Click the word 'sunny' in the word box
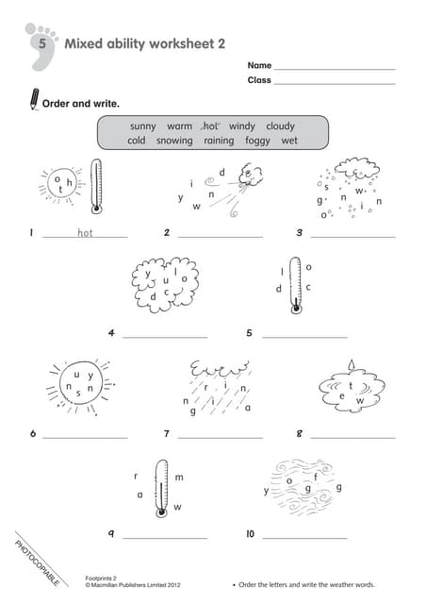coord(143,126)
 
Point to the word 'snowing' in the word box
coord(174,141)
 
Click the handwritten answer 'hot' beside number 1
coord(85,232)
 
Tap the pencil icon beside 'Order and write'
coord(34,98)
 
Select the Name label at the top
coord(259,65)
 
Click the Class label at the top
coord(259,80)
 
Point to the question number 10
coord(250,534)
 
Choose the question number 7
coord(166,434)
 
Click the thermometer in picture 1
coord(96,186)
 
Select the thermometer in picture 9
coord(162,487)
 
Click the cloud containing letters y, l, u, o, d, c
coord(166,284)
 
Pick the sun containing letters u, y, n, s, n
coord(77,386)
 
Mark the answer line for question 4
coord(165,336)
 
